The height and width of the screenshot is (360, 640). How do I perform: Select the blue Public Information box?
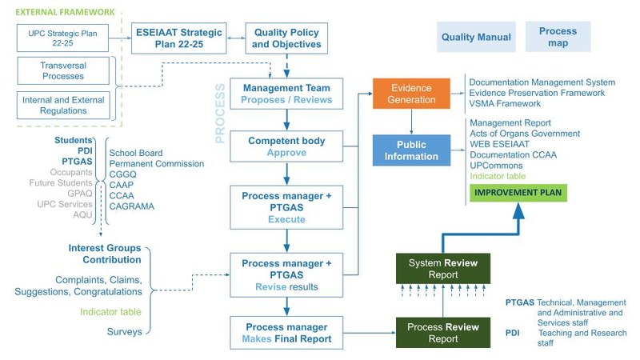click(x=412, y=150)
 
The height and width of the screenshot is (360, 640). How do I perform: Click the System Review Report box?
click(x=433, y=269)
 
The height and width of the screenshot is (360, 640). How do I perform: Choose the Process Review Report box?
click(x=433, y=333)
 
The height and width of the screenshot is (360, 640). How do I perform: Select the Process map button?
click(x=558, y=37)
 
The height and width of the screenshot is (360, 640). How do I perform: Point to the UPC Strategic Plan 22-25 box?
click(x=62, y=38)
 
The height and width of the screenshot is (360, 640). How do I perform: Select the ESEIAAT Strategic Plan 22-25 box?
click(x=174, y=38)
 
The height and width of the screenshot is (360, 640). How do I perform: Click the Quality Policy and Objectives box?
click(x=286, y=38)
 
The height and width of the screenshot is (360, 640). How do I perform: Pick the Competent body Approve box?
click(x=286, y=146)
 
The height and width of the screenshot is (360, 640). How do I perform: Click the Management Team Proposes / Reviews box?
click(x=286, y=93)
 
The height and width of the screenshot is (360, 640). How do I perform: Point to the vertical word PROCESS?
click(x=221, y=112)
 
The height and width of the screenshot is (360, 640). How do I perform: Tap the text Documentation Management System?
click(x=542, y=82)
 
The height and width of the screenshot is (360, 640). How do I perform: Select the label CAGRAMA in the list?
click(x=131, y=206)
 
